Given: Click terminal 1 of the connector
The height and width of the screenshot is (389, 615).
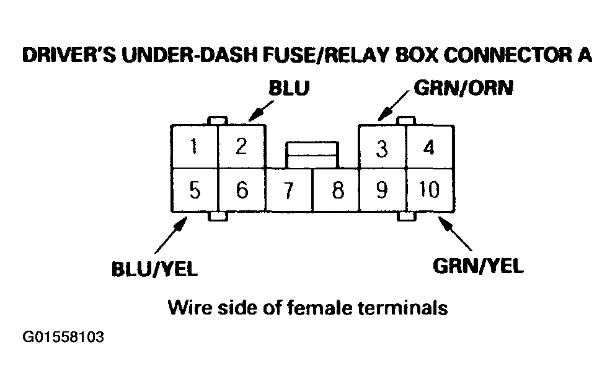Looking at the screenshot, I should [195, 147].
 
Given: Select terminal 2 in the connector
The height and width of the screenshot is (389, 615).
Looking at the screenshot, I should [242, 147].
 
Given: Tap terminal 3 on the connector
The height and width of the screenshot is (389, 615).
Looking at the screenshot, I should [383, 149].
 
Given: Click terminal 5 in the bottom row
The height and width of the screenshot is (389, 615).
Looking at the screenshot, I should [195, 190].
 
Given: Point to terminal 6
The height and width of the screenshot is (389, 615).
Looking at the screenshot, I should [242, 190].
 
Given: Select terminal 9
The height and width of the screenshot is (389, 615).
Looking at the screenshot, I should [383, 190].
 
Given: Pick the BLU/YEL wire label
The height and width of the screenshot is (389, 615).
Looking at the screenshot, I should [154, 268].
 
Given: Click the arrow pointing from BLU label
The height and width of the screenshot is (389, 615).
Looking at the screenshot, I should [259, 111].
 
